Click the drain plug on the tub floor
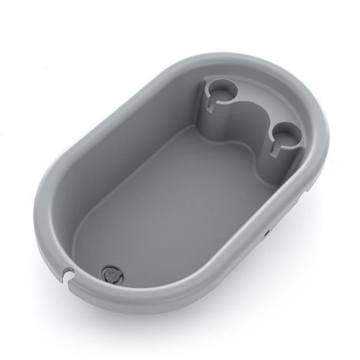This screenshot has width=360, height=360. [x=112, y=275]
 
